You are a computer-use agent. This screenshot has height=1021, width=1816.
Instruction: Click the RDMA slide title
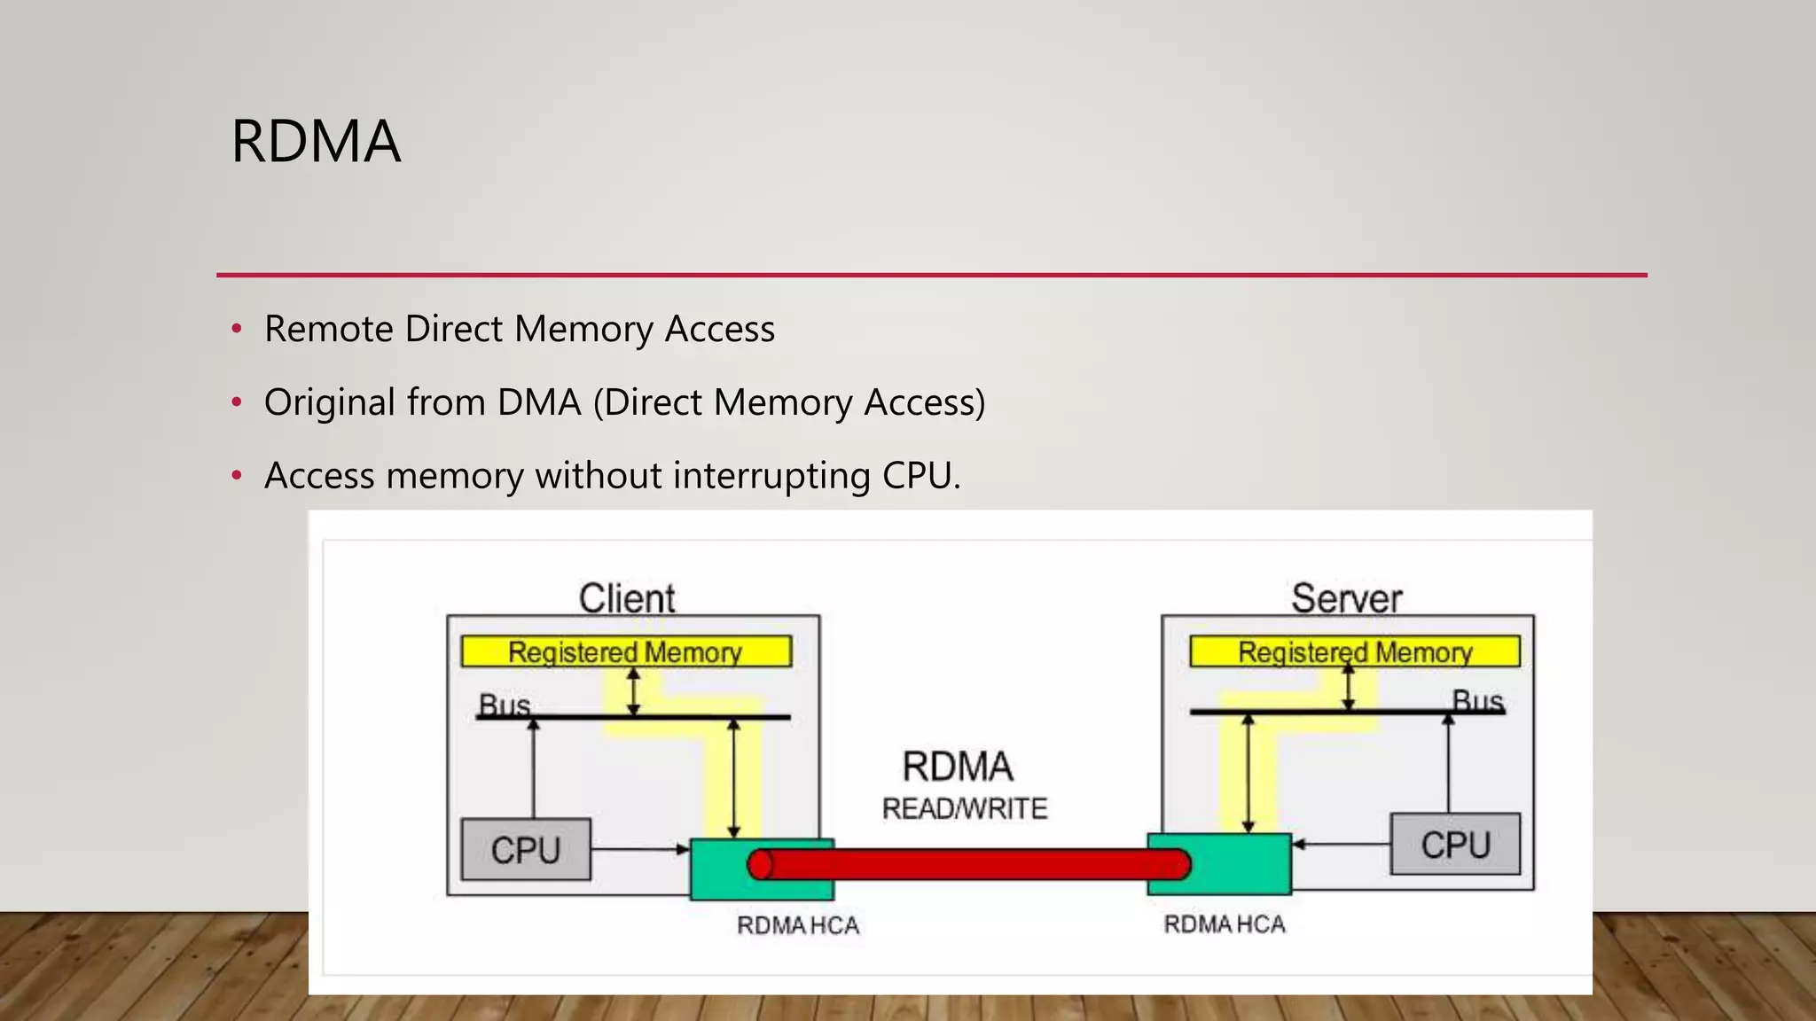click(x=316, y=142)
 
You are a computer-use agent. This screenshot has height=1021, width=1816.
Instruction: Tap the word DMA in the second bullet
click(x=538, y=403)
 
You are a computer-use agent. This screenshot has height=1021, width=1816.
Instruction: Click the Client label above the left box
click(x=627, y=598)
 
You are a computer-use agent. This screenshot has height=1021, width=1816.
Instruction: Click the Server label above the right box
click(x=1346, y=598)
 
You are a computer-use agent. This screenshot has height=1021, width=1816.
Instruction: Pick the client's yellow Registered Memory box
click(x=625, y=651)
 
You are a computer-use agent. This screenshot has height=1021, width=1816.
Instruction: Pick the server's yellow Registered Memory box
click(x=1354, y=651)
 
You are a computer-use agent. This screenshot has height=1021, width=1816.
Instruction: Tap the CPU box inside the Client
click(x=526, y=850)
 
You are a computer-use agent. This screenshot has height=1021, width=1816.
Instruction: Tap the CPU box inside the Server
click(x=1455, y=845)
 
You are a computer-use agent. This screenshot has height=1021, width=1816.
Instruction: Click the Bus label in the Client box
click(x=504, y=705)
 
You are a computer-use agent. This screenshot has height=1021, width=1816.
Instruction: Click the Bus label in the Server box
click(x=1477, y=701)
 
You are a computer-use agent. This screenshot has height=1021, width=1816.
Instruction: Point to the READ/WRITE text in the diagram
click(x=965, y=808)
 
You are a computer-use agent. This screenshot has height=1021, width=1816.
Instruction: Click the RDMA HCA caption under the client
click(x=797, y=925)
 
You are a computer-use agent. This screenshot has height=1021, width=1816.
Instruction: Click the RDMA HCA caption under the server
click(x=1224, y=924)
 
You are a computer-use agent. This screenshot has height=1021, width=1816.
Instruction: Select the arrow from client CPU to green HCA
click(x=638, y=849)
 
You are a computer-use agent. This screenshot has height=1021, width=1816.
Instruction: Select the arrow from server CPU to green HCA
click(x=1341, y=845)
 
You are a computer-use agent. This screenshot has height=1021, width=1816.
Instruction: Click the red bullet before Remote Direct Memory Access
click(x=236, y=330)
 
